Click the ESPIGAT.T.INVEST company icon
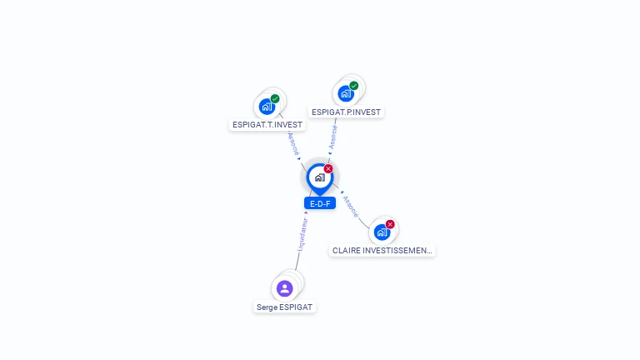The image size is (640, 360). point(267,107)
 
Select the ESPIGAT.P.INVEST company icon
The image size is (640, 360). point(346,93)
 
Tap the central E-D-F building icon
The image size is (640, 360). point(319,177)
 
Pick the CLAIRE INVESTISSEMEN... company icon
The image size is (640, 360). point(382,232)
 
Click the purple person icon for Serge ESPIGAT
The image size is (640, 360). point(285,288)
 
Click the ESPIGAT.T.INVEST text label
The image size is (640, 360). point(267,125)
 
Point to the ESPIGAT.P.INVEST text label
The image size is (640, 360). point(347,112)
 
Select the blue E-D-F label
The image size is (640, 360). point(319,203)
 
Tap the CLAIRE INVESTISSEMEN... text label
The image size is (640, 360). point(382,250)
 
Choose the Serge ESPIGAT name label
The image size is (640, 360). point(285,307)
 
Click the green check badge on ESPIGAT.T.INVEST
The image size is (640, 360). point(275,99)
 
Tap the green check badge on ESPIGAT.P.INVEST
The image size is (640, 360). point(354,86)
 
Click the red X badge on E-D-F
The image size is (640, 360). point(328,168)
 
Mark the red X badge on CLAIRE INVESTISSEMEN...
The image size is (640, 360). point(390,224)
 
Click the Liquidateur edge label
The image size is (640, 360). point(302,234)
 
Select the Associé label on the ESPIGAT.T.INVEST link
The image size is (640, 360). point(293,145)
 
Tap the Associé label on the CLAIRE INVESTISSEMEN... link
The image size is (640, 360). point(351,206)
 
